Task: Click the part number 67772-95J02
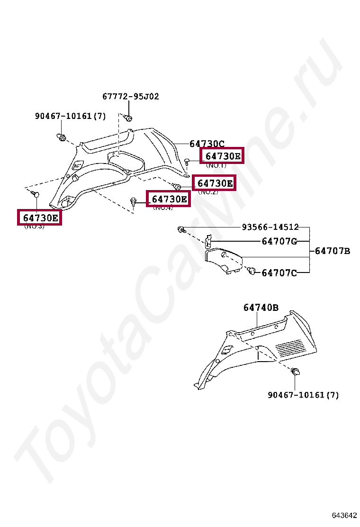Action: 130,97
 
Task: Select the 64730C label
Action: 207,144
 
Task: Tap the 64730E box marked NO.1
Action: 222,155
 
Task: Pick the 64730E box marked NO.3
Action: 40,218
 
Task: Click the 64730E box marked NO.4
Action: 169,199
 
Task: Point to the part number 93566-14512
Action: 270,227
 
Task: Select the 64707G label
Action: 279,241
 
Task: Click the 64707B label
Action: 333,251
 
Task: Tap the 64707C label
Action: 279,273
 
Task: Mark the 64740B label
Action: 261,308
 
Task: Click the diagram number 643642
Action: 344,516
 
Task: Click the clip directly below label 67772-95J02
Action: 128,117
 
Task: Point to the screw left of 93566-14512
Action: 180,230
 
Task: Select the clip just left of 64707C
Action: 251,271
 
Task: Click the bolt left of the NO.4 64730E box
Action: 134,202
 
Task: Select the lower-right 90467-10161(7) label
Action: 303,395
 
